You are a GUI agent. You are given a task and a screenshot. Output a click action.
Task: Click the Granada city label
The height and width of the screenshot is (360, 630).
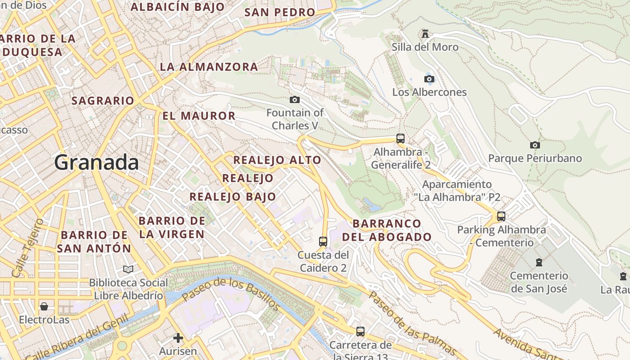pyautogui.click(x=96, y=162)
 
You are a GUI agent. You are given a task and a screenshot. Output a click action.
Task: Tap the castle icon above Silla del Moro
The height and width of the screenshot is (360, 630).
pyautogui.click(x=425, y=33)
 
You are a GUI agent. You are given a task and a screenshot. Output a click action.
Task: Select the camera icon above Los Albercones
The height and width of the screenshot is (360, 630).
pyautogui.click(x=429, y=79)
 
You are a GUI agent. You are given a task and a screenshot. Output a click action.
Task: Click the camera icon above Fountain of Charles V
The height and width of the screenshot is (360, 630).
pyautogui.click(x=295, y=99)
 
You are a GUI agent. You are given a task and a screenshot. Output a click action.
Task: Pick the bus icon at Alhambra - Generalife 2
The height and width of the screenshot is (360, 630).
pyautogui.click(x=400, y=138)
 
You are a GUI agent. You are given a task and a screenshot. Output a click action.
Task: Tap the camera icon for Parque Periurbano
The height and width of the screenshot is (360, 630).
pyautogui.click(x=535, y=145)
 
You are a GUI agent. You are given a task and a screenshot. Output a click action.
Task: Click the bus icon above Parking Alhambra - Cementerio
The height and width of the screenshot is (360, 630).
pyautogui.click(x=501, y=216)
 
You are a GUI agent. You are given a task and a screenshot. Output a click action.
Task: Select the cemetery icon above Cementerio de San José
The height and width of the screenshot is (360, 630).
pyautogui.click(x=539, y=262)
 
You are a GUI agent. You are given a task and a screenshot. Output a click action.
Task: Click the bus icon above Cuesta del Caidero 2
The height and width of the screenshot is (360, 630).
pyautogui.click(x=323, y=241)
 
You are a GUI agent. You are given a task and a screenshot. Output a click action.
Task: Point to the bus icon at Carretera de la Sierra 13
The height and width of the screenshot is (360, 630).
pyautogui.click(x=360, y=332)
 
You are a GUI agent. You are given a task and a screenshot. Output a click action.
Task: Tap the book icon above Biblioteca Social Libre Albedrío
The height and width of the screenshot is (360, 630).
pyautogui.click(x=128, y=269)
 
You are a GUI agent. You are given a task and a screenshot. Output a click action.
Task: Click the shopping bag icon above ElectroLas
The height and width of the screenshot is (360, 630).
pyautogui.click(x=44, y=306)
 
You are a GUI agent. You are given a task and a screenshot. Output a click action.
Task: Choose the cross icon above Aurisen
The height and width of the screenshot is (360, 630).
pyautogui.click(x=178, y=337)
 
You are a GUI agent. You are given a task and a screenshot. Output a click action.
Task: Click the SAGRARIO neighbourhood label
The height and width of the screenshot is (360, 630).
pyautogui.click(x=103, y=101)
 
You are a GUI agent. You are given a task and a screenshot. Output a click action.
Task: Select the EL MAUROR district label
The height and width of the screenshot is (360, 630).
pyautogui.click(x=199, y=116)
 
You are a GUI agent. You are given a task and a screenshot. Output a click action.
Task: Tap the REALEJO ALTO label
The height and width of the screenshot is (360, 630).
pyautogui.click(x=277, y=160)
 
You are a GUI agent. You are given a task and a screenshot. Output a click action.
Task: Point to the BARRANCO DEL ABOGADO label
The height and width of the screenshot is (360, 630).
pyautogui.click(x=387, y=230)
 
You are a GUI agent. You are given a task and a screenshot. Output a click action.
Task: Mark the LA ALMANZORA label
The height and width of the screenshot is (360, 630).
pyautogui.click(x=209, y=67)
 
